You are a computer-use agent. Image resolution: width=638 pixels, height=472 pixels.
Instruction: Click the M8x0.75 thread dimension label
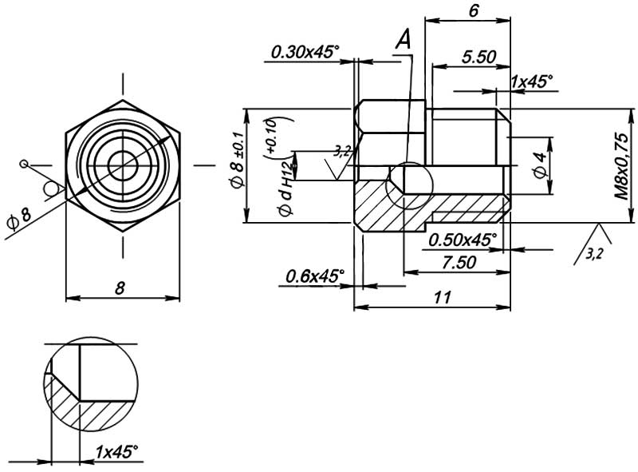click(x=621, y=165)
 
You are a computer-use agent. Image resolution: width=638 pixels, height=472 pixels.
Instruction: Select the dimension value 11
click(x=444, y=297)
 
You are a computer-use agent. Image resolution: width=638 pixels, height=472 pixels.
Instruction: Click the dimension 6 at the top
click(x=474, y=10)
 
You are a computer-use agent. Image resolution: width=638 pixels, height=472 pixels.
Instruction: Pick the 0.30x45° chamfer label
click(x=305, y=52)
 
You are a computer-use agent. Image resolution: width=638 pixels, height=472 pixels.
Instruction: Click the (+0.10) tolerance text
click(x=271, y=136)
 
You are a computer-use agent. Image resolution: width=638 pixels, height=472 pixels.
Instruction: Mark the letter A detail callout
click(x=404, y=39)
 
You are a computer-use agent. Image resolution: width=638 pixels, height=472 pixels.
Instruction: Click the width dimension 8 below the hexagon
click(x=120, y=288)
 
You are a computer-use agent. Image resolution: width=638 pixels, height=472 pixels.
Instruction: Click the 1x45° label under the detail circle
click(x=116, y=452)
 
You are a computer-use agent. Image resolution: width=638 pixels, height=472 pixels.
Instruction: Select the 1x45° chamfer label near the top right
click(x=531, y=81)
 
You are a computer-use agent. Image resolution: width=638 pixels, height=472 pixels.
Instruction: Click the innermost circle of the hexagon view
click(x=123, y=166)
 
